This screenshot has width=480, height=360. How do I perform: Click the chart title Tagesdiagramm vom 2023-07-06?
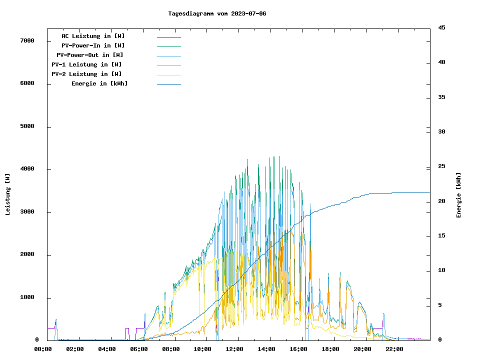point(217,13)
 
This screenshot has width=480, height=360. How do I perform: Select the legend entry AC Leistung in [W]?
point(93,36)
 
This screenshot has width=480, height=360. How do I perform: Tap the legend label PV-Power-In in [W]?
point(93,45)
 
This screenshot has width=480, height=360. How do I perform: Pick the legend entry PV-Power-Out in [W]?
point(90,55)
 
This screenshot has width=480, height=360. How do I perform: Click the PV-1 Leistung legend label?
point(86,64)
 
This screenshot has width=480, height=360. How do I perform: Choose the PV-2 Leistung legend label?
point(86,74)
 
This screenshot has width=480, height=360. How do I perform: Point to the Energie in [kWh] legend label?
point(99,83)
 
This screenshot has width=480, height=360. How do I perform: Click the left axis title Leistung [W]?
point(7,194)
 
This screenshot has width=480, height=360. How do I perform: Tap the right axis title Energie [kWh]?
point(458,195)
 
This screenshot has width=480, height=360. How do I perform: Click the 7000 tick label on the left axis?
point(27,40)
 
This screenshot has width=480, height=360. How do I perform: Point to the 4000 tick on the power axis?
point(27,169)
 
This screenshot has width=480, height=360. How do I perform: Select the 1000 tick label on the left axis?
point(27,297)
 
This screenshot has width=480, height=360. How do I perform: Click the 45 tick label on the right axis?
point(441,27)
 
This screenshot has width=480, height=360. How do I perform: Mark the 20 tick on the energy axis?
point(441,201)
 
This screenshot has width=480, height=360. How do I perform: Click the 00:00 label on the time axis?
point(43,349)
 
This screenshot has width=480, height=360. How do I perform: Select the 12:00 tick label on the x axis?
point(234,349)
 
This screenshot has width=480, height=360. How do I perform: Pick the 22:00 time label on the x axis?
point(394,349)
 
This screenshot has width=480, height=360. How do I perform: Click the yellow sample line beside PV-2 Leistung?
point(169,74)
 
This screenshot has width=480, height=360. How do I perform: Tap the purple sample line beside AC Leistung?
point(169,36)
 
